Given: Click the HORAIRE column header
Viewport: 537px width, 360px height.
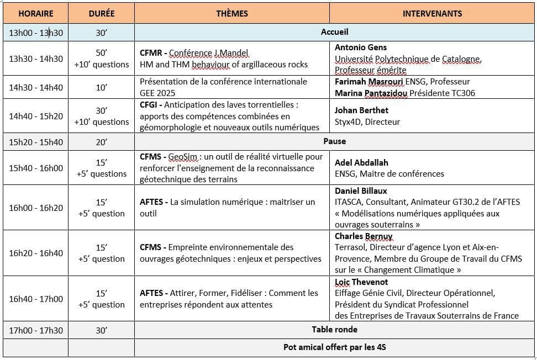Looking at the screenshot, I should coord(36,13).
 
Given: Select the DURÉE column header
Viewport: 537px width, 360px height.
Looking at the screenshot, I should coord(102,13).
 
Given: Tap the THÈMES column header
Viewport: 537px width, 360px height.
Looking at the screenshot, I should coord(232,13).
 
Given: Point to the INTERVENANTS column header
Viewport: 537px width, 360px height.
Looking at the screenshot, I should coord(432,13).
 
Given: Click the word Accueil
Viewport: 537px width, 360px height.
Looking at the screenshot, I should coord(335,32).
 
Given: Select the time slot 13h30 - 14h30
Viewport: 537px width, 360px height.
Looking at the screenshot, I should coord(36,59).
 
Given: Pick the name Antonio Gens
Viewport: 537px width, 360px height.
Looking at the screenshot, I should coord(361,47).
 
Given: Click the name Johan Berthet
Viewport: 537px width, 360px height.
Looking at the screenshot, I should coord(361,110).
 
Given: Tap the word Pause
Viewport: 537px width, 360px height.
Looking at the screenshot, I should coord(335,141).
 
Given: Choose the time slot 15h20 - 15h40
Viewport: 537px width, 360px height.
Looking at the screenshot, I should coord(36,142).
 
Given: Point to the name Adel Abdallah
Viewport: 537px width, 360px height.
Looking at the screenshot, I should coord(361,162).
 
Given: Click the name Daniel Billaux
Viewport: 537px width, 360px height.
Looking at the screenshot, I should coord(361,190).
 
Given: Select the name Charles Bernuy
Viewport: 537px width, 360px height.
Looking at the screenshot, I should coord(364,236).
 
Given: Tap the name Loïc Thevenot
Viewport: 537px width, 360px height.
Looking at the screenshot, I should coord(361,282).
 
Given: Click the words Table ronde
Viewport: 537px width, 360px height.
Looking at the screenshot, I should coord(335,329).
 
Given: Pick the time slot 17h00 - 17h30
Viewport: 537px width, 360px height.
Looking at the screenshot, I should coord(36,330).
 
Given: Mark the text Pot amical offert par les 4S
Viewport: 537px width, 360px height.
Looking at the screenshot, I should coord(335,347).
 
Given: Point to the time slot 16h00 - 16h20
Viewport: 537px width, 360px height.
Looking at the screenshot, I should coord(36,208).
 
